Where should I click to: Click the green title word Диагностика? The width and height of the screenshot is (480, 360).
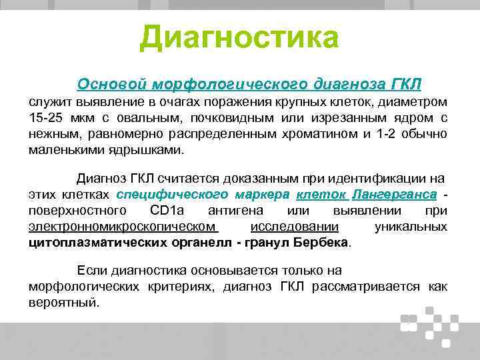(239, 38)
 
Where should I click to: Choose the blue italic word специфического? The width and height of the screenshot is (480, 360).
(170, 195)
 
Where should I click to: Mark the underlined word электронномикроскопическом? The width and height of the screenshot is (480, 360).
(123, 227)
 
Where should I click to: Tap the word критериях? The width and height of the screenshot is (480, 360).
(180, 287)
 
